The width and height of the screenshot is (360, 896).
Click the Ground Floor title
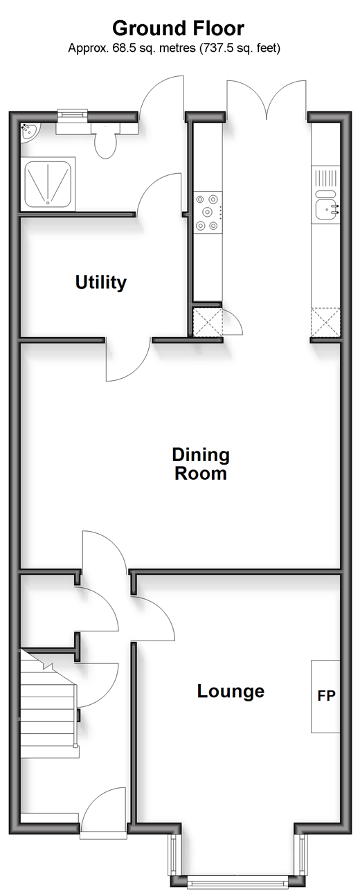click(178, 29)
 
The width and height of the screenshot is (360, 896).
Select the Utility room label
click(101, 282)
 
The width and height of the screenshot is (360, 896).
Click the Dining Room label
click(201, 464)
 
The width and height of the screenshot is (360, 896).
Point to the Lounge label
click(231, 691)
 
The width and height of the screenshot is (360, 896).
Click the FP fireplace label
click(326, 696)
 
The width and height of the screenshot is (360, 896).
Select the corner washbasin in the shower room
click(30, 132)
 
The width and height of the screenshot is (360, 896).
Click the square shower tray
click(48, 183)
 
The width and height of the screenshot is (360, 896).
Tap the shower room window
click(72, 114)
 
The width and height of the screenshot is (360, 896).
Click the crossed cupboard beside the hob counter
click(207, 322)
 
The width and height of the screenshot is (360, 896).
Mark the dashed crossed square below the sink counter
click(325, 322)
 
